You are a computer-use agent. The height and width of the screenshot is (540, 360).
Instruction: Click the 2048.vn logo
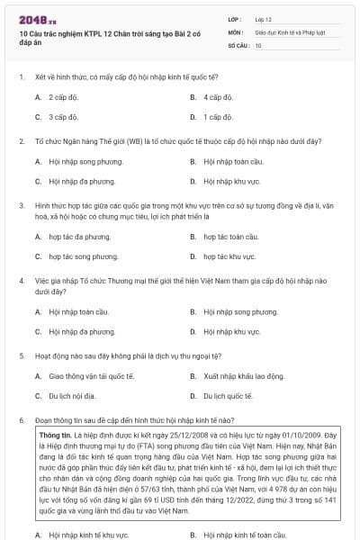pyautogui.click(x=37, y=19)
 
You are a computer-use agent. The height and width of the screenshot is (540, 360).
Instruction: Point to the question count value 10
pyautogui.click(x=258, y=44)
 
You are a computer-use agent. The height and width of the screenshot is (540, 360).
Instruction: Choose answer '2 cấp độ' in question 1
pyautogui.click(x=64, y=97)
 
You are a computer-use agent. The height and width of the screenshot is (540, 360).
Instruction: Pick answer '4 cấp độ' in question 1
pyautogui.click(x=219, y=97)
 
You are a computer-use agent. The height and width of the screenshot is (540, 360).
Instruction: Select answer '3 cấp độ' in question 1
pyautogui.click(x=64, y=117)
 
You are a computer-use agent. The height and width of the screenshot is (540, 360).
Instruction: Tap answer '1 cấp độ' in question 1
pyautogui.click(x=219, y=117)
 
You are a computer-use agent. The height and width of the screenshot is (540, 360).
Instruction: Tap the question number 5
pyautogui.click(x=21, y=355)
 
